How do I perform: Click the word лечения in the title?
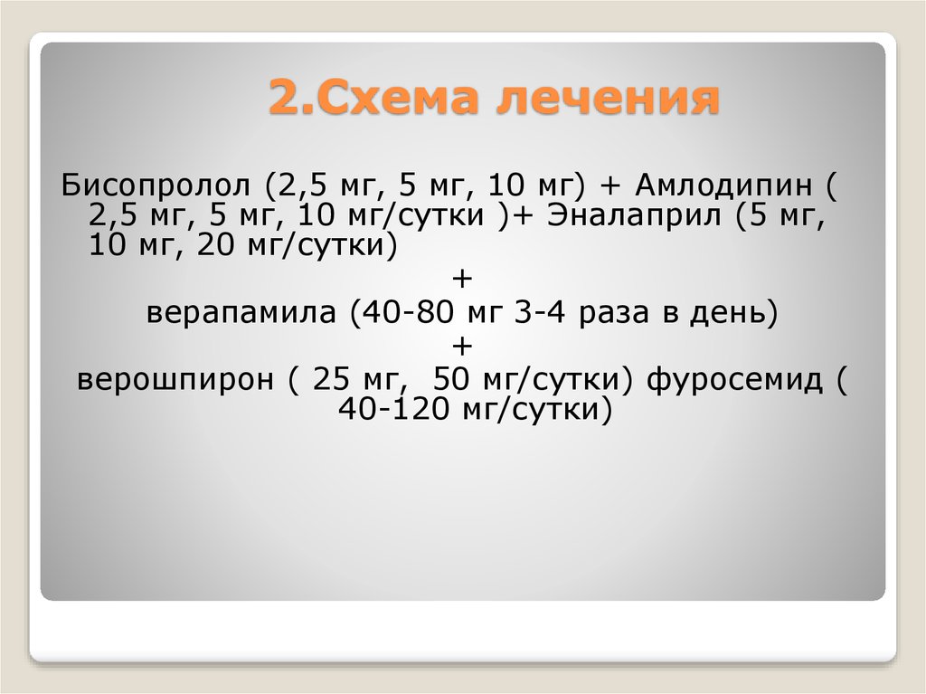pyautogui.click(x=607, y=99)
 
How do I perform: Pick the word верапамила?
pyautogui.click(x=243, y=314)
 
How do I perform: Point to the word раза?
pyautogui.click(x=602, y=314)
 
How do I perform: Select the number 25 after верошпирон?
pyautogui.click(x=329, y=379)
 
